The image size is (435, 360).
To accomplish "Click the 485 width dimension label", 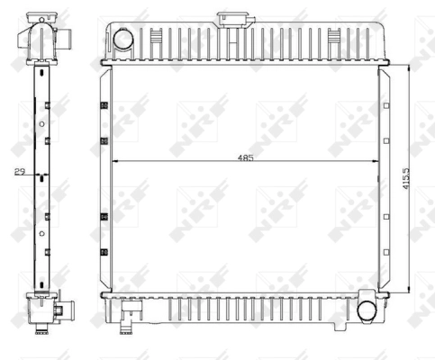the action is pyautogui.click(x=246, y=157).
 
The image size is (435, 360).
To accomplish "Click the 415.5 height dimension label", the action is pyautogui.click(x=405, y=178).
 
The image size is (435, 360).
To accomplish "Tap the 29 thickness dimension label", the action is pyautogui.click(x=20, y=172).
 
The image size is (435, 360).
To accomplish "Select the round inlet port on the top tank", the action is pyautogui.click(x=123, y=38).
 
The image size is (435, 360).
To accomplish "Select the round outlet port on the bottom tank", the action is pyautogui.click(x=367, y=312).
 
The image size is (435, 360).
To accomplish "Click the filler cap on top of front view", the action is pyautogui.click(x=231, y=20).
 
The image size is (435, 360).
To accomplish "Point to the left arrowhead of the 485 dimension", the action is pyautogui.click(x=115, y=161).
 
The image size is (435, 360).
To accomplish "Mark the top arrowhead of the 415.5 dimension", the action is pyautogui.click(x=409, y=68).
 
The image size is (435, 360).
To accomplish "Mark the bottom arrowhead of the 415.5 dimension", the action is pyautogui.click(x=409, y=288).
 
